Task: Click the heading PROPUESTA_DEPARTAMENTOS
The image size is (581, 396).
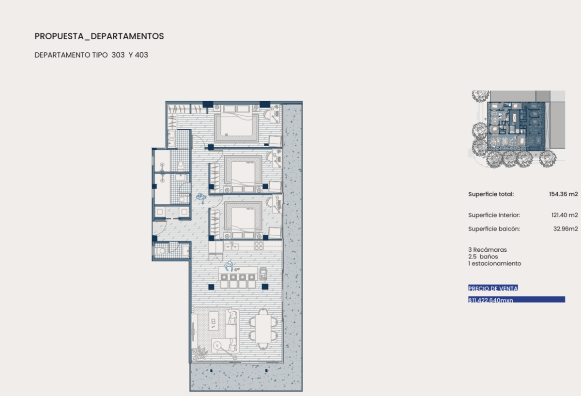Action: pyautogui.click(x=99, y=36)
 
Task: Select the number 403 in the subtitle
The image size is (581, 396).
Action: pyautogui.click(x=141, y=55)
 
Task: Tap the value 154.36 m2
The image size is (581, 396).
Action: pyautogui.click(x=564, y=194)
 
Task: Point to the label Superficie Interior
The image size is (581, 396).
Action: pyautogui.click(x=494, y=215)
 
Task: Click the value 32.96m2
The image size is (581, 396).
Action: pyautogui.click(x=566, y=228)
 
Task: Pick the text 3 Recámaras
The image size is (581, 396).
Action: pyautogui.click(x=488, y=250)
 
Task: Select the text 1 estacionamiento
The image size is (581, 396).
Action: pyautogui.click(x=495, y=263)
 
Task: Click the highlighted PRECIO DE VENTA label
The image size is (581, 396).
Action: pyautogui.click(x=493, y=288)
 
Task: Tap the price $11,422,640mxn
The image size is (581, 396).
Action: pyautogui.click(x=491, y=300)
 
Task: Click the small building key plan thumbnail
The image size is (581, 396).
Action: pyautogui.click(x=517, y=129)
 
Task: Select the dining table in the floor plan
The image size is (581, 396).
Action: pyautogui.click(x=263, y=329)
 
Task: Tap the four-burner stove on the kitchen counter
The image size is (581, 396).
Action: pyautogui.click(x=259, y=245)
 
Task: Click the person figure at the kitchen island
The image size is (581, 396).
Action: pyautogui.click(x=229, y=266)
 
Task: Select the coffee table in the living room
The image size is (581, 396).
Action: pyautogui.click(x=213, y=321)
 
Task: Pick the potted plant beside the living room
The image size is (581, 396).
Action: pyautogui.click(x=199, y=353)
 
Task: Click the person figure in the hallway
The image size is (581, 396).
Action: pyautogui.click(x=201, y=198)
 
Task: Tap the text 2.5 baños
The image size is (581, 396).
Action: pyautogui.click(x=483, y=257)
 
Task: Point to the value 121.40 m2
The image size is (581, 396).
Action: pyautogui.click(x=565, y=215)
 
